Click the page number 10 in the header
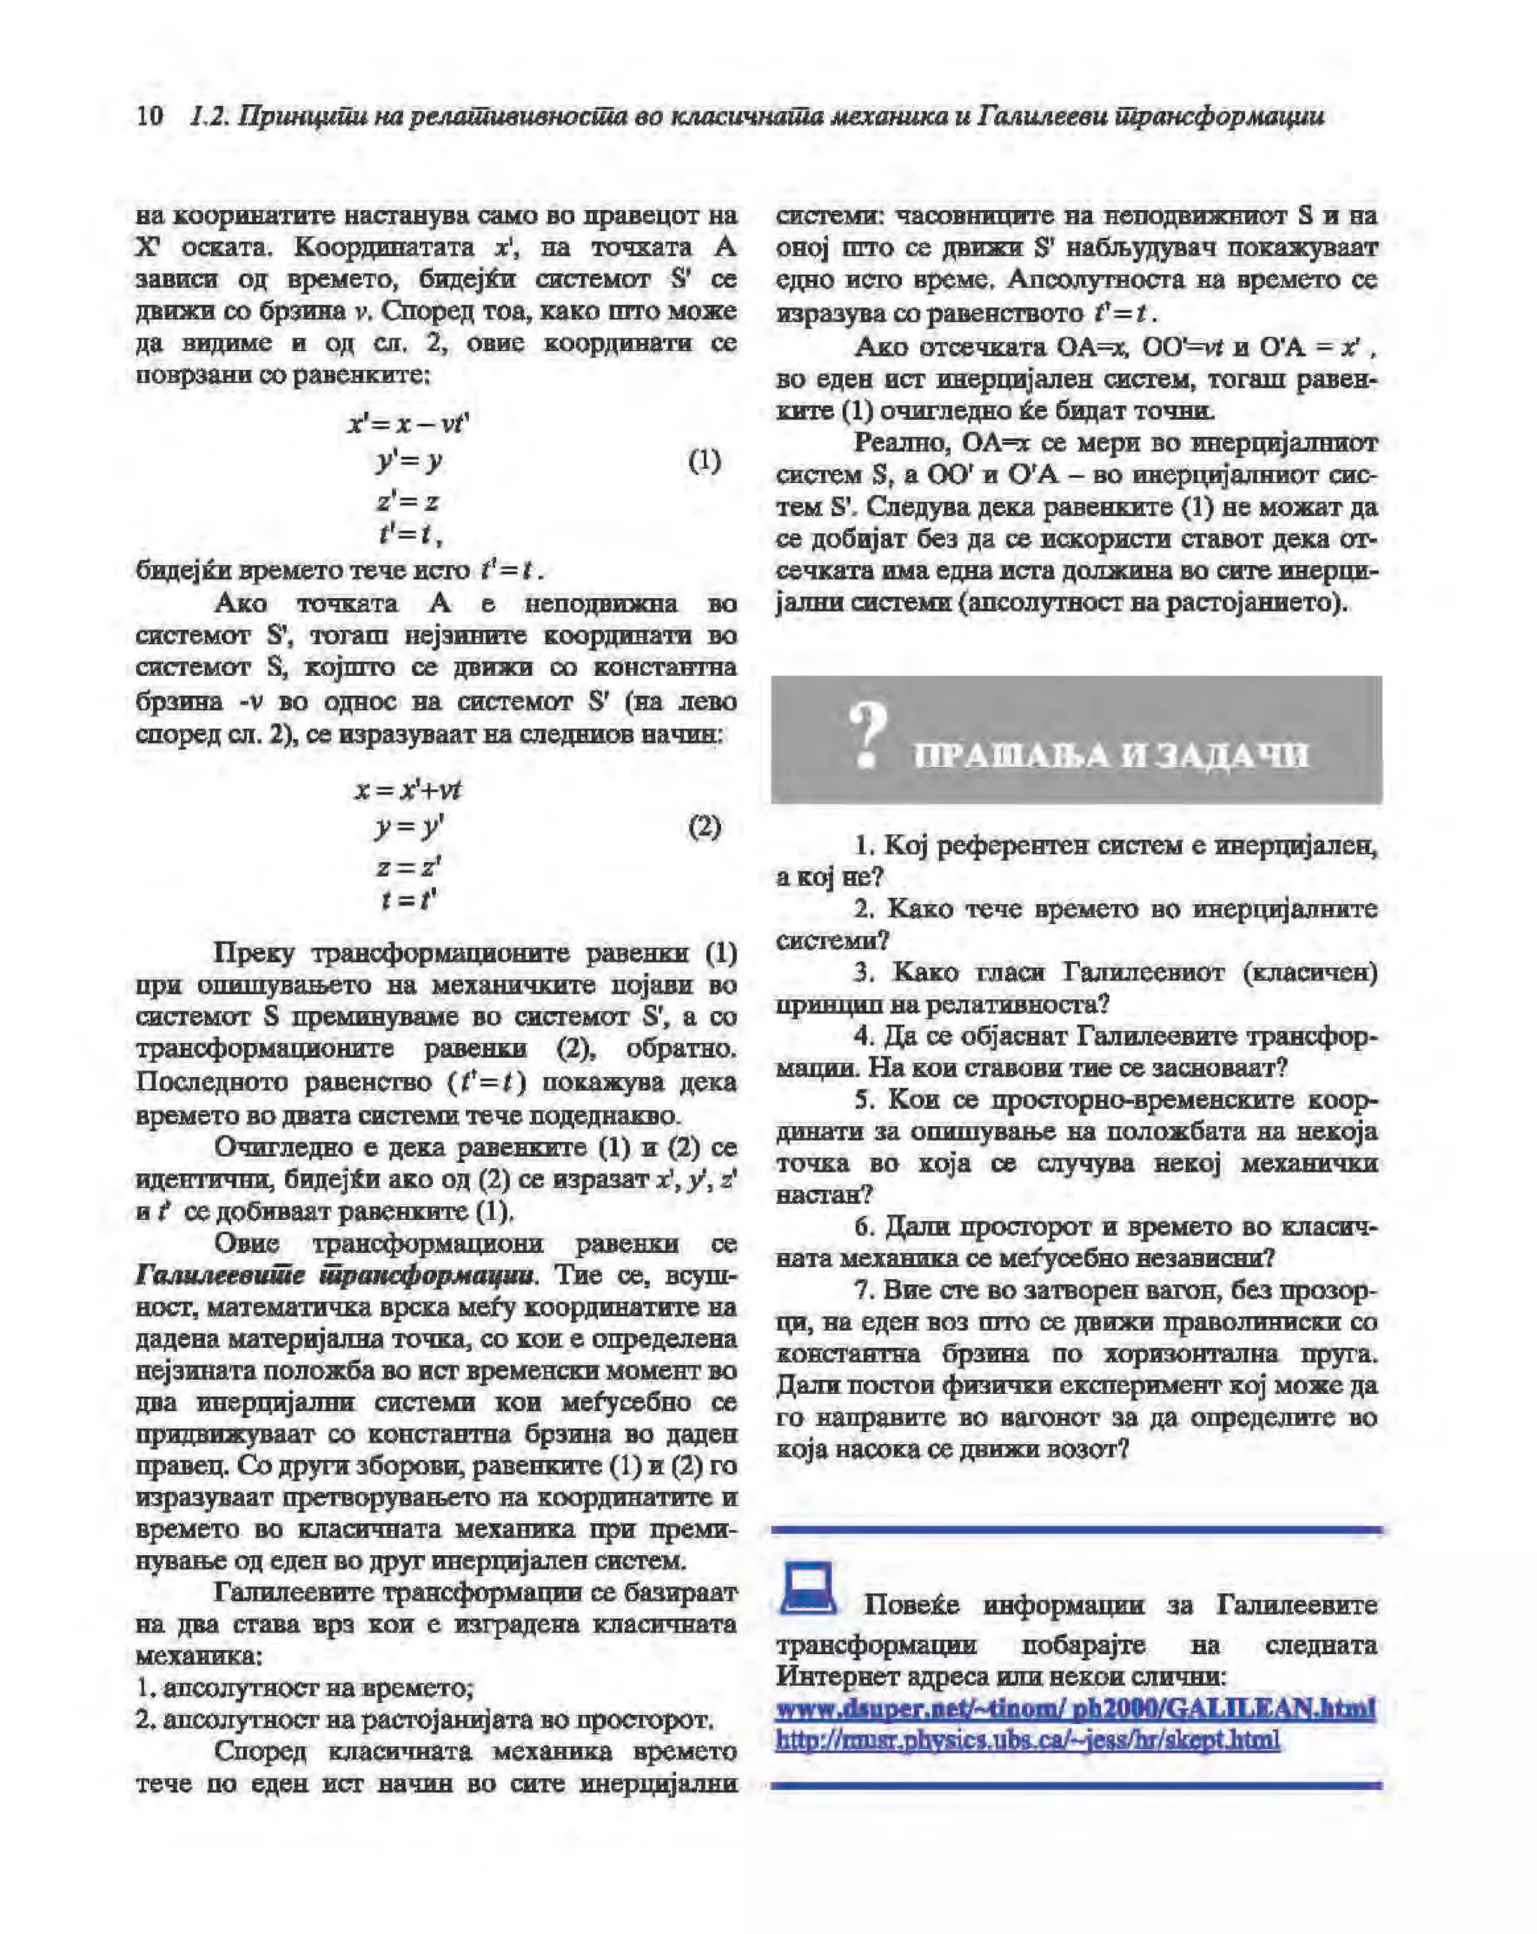[150, 116]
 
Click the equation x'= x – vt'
[408, 422]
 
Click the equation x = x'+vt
[408, 789]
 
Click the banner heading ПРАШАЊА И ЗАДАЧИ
[1111, 756]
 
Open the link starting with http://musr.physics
[1027, 1740]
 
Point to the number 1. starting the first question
[863, 845]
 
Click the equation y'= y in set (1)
[408, 461]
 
